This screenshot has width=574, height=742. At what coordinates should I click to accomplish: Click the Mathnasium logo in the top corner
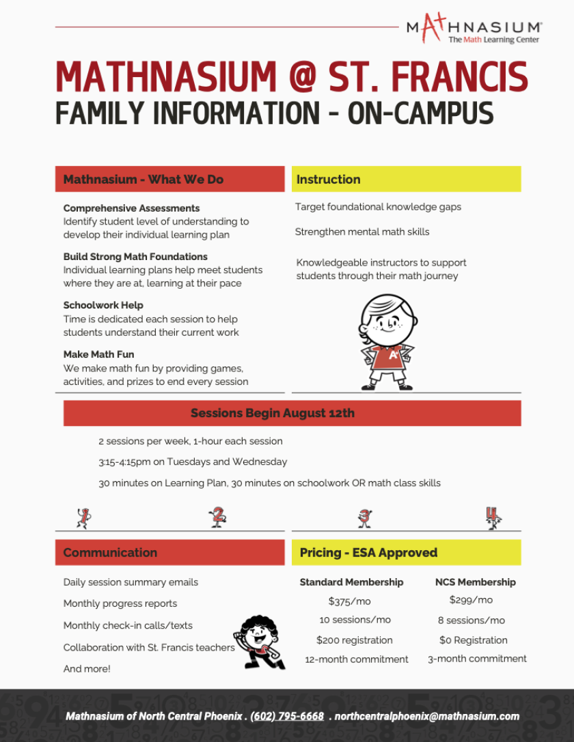coord(474,29)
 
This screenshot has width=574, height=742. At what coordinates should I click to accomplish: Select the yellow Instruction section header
coord(406,180)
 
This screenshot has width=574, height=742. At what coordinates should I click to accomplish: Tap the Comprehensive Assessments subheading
coord(131,208)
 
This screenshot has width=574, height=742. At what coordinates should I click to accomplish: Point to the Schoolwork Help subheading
coord(103,305)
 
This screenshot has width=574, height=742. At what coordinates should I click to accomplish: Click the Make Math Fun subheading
coord(98,354)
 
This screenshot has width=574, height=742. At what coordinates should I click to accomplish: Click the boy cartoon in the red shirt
coord(387,342)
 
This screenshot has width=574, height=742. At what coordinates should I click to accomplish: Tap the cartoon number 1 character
coord(83,517)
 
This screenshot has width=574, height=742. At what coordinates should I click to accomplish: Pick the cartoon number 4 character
coord(493,517)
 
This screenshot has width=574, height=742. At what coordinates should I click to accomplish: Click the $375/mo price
coord(349,601)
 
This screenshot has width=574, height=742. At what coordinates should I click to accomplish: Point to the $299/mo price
coord(471,600)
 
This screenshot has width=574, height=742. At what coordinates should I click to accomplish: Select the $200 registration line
coord(354,640)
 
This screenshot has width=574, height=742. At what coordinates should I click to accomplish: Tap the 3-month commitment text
coord(477,659)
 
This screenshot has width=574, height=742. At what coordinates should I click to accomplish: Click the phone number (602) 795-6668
coord(287,716)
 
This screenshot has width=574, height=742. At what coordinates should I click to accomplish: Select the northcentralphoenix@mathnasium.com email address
coord(426,716)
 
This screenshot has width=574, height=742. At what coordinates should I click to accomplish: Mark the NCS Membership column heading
coord(476,582)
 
